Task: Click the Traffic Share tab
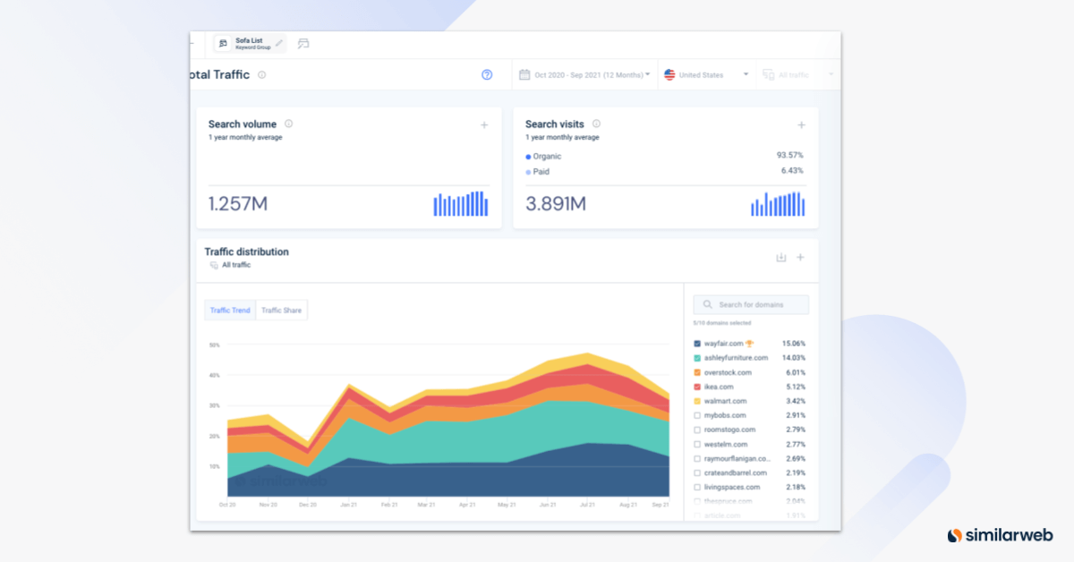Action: (281, 311)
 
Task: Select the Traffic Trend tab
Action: (230, 311)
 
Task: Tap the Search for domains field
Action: (751, 305)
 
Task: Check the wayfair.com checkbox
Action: (697, 344)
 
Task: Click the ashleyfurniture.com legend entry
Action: (736, 358)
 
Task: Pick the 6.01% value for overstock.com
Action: (793, 372)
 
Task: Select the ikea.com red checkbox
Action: (697, 387)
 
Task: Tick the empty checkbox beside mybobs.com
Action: (697, 415)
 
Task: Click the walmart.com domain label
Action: (725, 401)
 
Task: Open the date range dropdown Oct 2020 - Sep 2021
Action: (585, 75)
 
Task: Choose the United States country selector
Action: (706, 75)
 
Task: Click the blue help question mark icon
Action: (487, 75)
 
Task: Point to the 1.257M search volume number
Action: (238, 204)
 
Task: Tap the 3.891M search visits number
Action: (555, 204)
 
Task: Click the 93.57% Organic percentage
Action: (789, 156)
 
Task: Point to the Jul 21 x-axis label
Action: (587, 505)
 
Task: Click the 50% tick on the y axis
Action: (214, 345)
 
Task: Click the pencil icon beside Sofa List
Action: (279, 43)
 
